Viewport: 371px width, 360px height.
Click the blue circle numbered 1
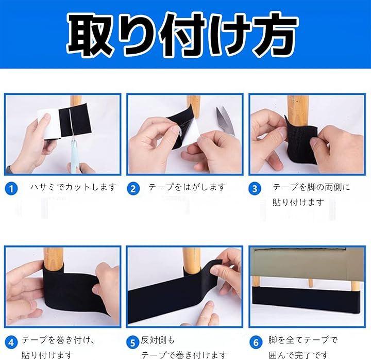point(11,189)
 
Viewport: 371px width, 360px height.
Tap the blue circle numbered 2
point(133,189)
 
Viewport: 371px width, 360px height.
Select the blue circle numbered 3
point(255,189)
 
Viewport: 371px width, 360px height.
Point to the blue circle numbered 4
point(11,342)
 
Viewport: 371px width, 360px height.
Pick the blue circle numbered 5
point(133,342)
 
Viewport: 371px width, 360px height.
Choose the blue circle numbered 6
point(256,342)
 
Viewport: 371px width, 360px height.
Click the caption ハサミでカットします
point(73,187)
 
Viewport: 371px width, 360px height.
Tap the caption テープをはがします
point(187,187)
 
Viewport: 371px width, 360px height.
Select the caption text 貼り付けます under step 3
point(298,202)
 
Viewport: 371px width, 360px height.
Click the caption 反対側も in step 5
point(158,340)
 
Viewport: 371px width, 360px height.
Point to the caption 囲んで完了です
point(299,355)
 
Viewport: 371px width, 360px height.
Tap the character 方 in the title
point(275,35)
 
